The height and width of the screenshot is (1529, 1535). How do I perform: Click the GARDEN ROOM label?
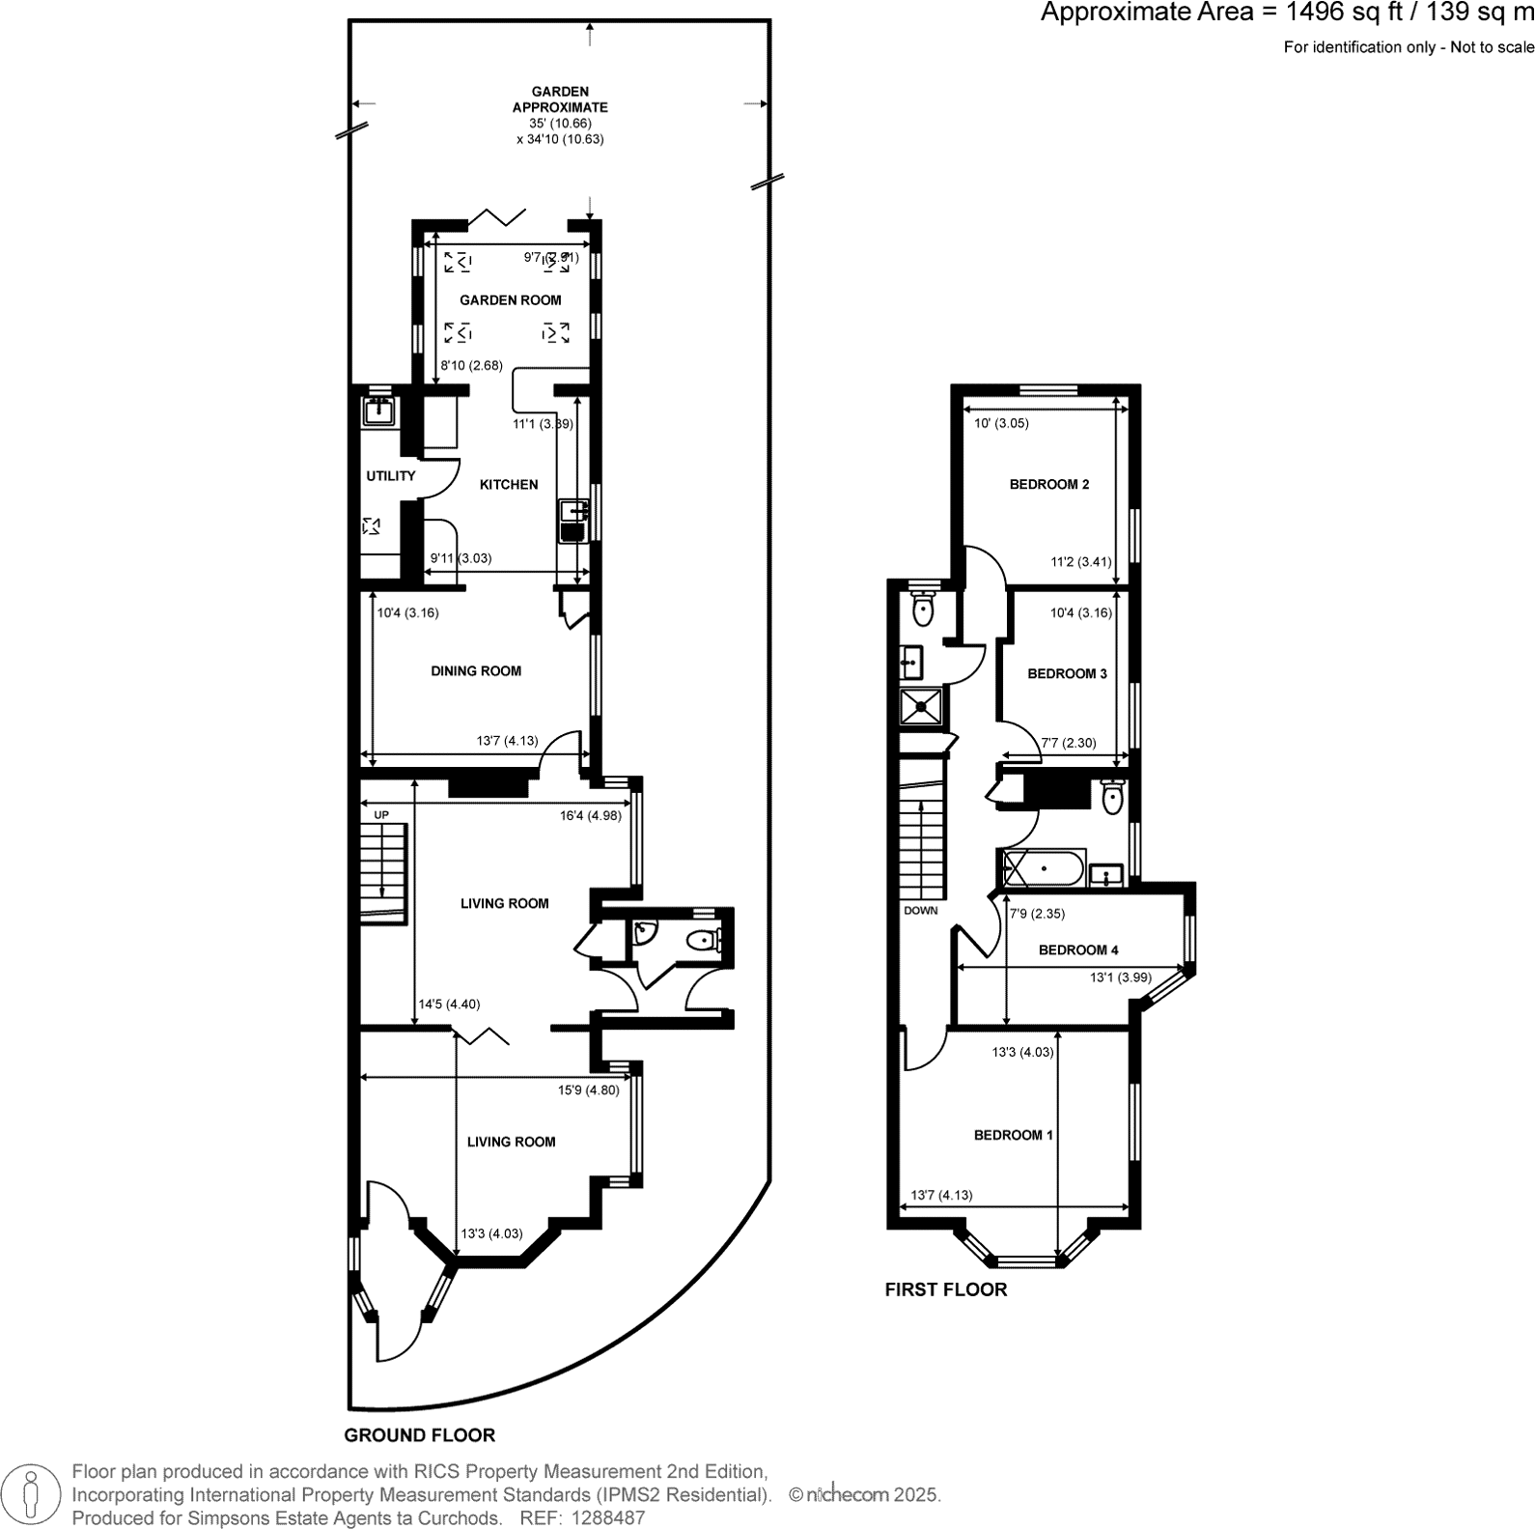coord(510,300)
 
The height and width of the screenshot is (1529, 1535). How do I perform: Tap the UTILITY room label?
coord(390,476)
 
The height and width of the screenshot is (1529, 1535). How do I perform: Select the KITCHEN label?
coord(509,485)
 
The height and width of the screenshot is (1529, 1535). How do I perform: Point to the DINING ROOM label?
coord(476,671)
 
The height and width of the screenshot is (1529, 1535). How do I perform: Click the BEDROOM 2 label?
coord(1049,485)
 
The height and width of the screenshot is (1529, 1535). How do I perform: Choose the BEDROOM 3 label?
coord(1067,674)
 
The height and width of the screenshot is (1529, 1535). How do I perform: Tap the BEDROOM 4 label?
coord(1078,950)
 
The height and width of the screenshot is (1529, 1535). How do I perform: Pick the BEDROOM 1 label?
coord(1013,1136)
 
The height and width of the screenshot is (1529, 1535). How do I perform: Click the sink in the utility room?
coord(379,411)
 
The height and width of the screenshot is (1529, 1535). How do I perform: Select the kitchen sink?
coord(572,522)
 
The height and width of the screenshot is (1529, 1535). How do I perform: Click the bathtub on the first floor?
coord(1045,868)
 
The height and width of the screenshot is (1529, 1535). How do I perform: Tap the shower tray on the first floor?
coord(923,706)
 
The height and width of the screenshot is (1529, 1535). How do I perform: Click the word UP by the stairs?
coord(381,815)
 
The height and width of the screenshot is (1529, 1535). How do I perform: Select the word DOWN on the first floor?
coord(921,911)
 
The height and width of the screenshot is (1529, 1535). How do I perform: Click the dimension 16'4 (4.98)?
coord(590,815)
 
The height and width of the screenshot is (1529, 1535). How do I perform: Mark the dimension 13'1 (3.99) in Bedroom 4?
coord(1120,977)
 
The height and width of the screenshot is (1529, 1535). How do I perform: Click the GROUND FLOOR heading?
coord(420,1436)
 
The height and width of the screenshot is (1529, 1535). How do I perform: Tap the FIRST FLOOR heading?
coord(945,1290)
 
